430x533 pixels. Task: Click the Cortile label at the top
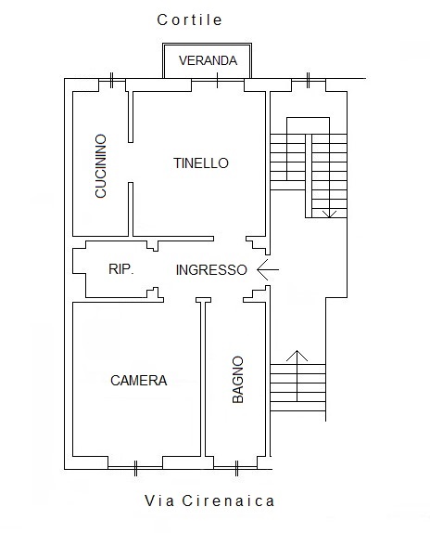coord(189,19)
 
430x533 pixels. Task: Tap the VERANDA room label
coord(208,60)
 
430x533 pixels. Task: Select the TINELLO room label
coord(201,163)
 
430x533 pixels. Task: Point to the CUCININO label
coord(101,166)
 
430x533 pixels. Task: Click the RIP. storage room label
coord(121,269)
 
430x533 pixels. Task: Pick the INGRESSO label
coord(211,270)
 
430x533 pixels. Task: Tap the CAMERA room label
coord(139,381)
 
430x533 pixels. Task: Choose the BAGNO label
coord(238,380)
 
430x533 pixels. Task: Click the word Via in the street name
coord(159,500)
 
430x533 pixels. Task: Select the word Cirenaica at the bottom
coord(228,500)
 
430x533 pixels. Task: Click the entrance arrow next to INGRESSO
coord(268,269)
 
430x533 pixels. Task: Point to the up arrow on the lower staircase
coord(297,376)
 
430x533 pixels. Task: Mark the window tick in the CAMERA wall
coord(135,468)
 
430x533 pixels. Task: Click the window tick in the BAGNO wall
coord(236,468)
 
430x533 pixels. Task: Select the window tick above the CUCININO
coord(111,80)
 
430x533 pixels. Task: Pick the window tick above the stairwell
coord(308,80)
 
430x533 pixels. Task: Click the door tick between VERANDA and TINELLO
coord(218,80)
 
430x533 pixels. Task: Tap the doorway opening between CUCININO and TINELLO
coord(131,162)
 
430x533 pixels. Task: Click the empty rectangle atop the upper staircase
coord(308,118)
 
